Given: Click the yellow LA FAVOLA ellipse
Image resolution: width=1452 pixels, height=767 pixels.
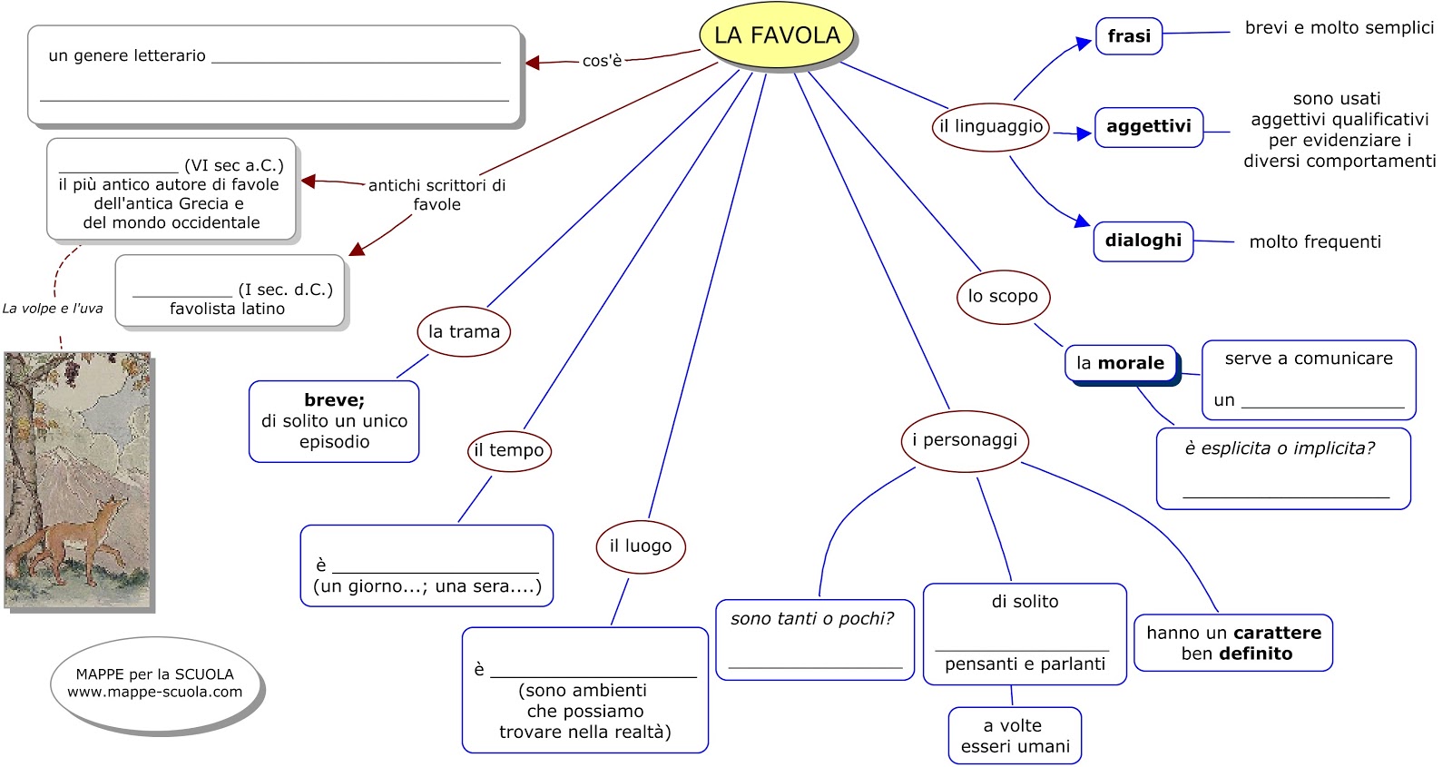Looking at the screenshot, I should pos(777,35).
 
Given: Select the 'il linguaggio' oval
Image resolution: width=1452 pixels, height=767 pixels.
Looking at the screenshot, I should pos(990,127).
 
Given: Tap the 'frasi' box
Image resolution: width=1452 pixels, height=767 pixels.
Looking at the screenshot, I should pos(1128,36).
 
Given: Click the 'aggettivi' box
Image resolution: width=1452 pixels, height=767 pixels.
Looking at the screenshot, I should pos(1148,127).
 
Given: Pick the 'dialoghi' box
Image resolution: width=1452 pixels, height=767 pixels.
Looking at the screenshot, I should pos(1143,241).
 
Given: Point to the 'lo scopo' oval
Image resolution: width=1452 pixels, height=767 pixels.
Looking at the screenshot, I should pos(1003,297).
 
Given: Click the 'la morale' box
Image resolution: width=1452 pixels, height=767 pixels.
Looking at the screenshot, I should pos(1120,364).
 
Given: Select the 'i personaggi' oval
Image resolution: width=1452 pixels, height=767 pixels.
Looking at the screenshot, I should pos(965,441).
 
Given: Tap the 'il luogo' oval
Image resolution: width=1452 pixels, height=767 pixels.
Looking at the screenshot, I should pos(641,546).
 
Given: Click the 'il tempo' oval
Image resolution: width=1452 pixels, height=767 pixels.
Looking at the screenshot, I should pos(509,451).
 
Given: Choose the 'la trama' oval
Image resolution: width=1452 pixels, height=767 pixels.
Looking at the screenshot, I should pos(464,332).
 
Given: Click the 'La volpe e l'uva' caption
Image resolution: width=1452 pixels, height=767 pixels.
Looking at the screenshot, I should pos(53,309).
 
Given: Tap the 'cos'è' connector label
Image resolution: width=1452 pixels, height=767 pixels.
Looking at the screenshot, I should pos(602,61).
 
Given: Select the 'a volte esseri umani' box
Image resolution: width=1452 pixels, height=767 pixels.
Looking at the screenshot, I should pos(1015,736).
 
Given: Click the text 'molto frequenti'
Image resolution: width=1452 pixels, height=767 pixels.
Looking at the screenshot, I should pos(1314,242).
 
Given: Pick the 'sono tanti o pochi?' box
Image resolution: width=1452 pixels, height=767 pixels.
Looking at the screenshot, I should pos(814,639).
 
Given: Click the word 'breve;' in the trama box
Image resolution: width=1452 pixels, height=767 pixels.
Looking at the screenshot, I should pos(334,400).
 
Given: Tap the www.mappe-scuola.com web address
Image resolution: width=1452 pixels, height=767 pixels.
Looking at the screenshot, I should pos(155,693).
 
